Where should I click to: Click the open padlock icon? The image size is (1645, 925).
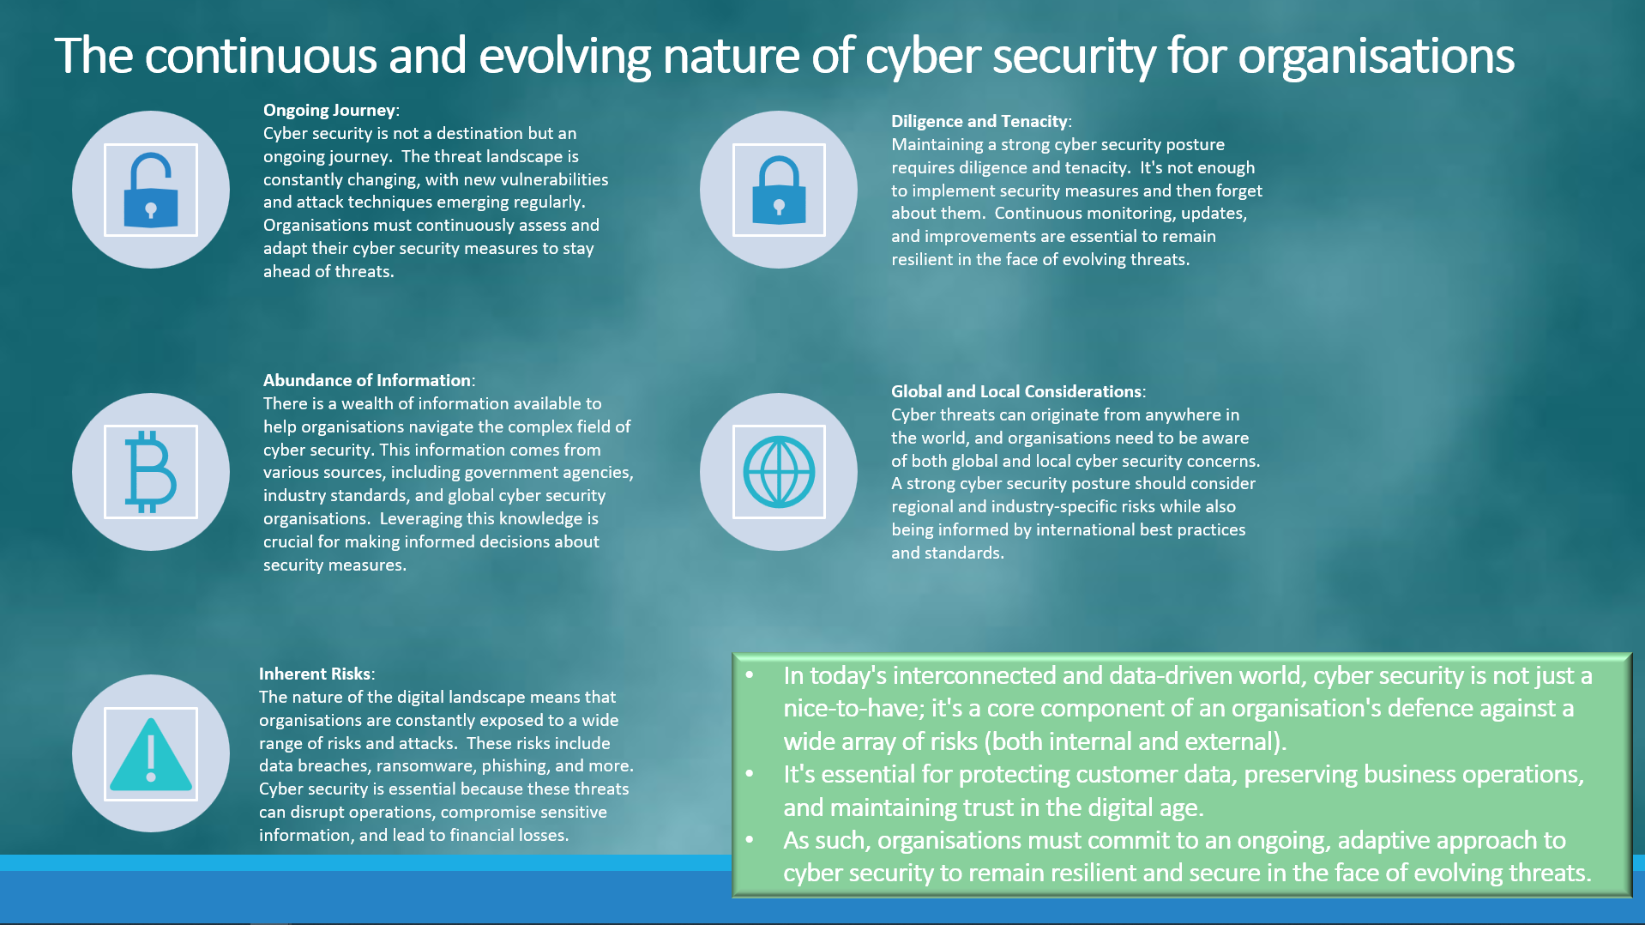151,190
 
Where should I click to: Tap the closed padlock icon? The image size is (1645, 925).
779,190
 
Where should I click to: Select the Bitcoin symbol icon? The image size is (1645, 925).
151,472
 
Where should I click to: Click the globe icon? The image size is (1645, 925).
779,472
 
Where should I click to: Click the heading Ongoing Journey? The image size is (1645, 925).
329,110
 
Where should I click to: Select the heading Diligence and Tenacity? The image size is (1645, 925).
979,121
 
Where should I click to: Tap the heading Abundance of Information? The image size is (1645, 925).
367,380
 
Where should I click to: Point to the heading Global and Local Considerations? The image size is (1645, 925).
1016,391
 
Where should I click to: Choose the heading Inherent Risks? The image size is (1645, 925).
315,674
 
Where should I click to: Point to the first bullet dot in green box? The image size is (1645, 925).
750,675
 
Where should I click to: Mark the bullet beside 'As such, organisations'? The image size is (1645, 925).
750,840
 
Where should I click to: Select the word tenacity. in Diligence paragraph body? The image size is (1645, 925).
1098,167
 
